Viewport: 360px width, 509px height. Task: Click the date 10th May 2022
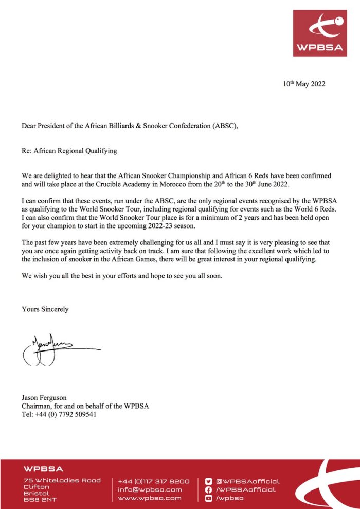click(x=304, y=84)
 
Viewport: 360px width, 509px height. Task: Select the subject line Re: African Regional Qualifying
click(x=69, y=151)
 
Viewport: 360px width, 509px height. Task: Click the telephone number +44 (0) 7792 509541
click(x=65, y=414)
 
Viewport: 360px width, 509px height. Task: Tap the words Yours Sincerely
click(x=45, y=309)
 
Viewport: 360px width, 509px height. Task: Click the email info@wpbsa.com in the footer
click(x=150, y=489)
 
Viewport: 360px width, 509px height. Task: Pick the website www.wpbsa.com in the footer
click(x=150, y=498)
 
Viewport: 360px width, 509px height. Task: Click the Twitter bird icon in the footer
click(x=209, y=481)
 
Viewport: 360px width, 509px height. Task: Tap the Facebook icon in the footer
click(x=209, y=489)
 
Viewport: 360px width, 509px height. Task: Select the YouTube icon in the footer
click(x=209, y=498)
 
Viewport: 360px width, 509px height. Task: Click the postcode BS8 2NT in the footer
click(x=41, y=499)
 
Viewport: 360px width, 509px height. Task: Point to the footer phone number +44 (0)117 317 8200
click(x=153, y=481)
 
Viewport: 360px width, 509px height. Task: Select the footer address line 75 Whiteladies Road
click(x=62, y=480)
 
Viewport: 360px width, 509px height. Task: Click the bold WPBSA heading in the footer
click(x=43, y=469)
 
